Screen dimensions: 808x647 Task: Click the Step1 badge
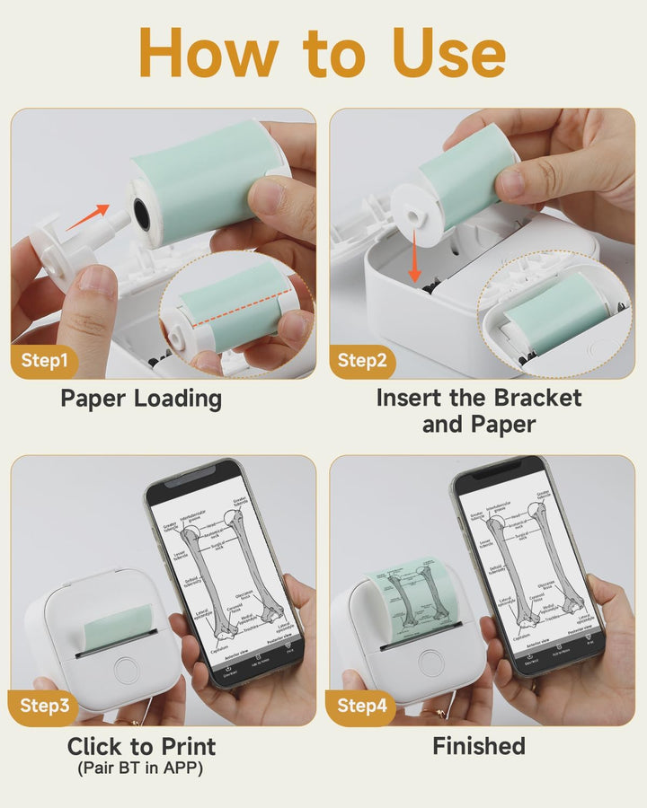pos(45,361)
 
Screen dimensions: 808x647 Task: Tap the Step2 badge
pos(363,361)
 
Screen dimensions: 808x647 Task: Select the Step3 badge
pos(45,707)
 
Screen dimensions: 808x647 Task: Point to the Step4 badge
pos(363,707)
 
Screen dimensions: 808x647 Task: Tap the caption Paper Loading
pos(141,398)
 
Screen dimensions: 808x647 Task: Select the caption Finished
pos(479,746)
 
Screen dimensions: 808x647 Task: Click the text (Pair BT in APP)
pos(141,768)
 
